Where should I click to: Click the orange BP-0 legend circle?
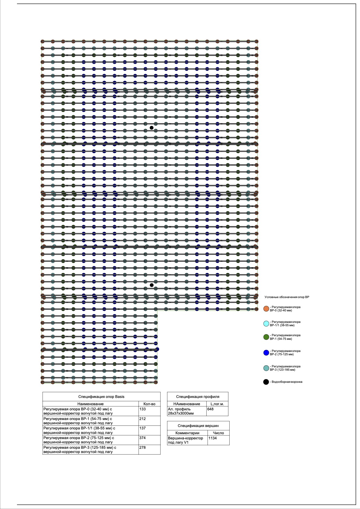(266, 309)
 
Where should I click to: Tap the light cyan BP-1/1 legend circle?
(266, 323)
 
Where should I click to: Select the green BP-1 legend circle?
(266, 337)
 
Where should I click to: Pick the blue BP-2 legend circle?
(266, 353)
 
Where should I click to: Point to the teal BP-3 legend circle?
(266, 368)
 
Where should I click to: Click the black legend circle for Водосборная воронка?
(266, 382)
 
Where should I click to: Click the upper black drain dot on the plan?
(152, 128)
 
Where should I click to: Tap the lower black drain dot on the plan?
(152, 285)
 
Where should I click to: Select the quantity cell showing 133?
(142, 409)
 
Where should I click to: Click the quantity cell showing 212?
(142, 419)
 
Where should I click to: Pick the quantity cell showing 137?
(142, 428)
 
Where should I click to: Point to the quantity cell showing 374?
(142, 438)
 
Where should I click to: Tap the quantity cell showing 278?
(142, 448)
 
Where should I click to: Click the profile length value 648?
(210, 409)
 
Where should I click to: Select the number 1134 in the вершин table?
(213, 438)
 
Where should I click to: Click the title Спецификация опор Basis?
(101, 397)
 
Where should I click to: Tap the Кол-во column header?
(149, 404)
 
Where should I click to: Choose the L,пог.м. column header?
(217, 404)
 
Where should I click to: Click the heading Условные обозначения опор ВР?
(287, 297)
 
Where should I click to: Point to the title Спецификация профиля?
(198, 397)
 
